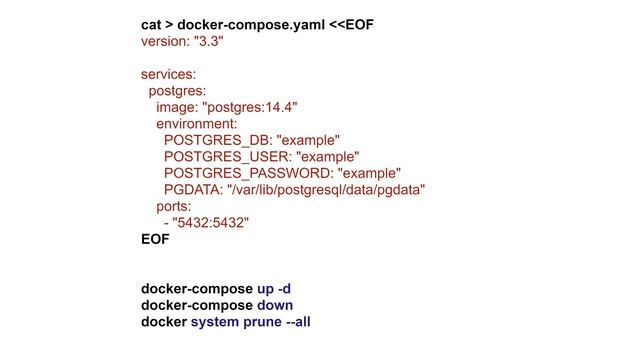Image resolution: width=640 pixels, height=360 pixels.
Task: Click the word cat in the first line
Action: coord(152,23)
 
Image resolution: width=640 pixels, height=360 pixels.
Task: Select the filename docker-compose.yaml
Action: coord(247,23)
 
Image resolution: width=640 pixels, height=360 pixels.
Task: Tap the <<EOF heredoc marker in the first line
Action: coord(353,23)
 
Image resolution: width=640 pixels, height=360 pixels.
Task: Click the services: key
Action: coord(168,74)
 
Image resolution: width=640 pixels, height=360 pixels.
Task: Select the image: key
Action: coord(177,107)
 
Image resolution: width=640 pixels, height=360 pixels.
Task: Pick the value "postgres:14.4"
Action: coord(250,107)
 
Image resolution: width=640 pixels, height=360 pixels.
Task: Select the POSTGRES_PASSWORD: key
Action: coord(248,173)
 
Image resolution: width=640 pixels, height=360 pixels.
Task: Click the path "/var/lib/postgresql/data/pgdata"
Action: coord(327,190)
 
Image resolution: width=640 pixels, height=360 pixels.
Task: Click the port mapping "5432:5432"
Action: coord(210,223)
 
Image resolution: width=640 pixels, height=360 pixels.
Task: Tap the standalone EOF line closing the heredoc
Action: coord(155,239)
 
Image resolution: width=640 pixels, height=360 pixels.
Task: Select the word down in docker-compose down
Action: coord(275,305)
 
